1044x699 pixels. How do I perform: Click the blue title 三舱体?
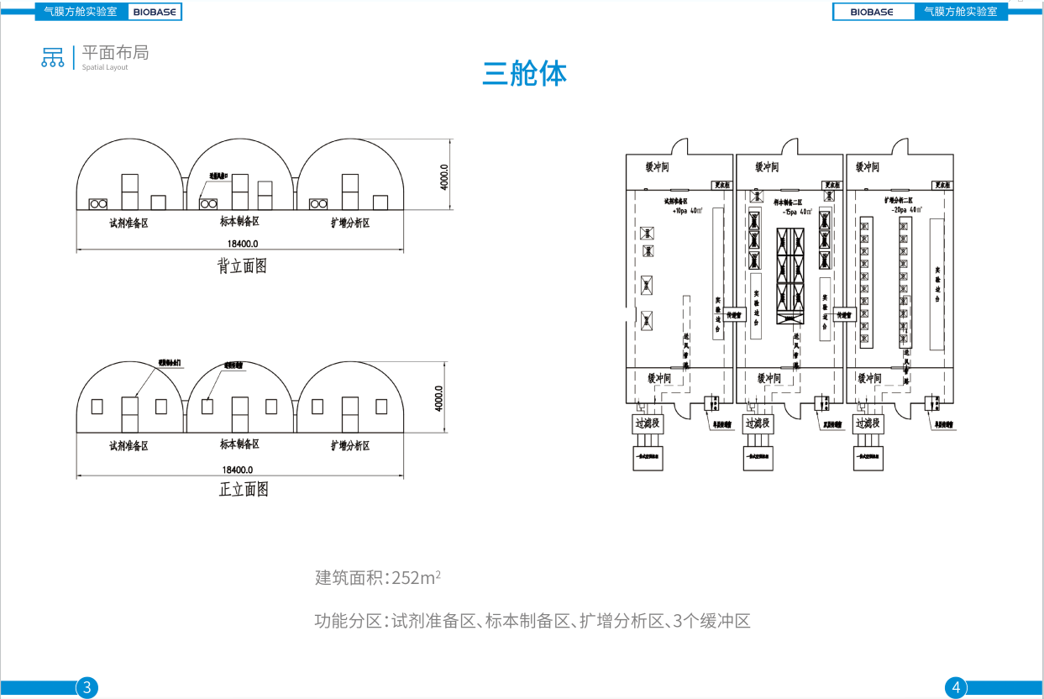coord(524,73)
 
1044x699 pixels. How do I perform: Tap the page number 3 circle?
coord(87,688)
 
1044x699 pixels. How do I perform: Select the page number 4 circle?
coord(956,688)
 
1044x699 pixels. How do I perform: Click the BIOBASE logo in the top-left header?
coord(154,12)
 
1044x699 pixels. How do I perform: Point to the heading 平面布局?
coord(115,52)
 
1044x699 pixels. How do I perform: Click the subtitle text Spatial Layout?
coord(105,67)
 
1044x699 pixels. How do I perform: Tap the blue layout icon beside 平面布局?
coord(53,56)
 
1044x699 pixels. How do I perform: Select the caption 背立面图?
coord(242,266)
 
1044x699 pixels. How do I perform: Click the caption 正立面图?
coord(244,489)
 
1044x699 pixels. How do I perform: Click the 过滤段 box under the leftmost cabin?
coord(648,423)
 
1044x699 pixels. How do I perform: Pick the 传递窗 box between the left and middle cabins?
coord(734,314)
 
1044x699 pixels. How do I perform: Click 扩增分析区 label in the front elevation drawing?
coord(350,445)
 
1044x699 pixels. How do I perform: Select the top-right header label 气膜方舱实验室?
coord(961,12)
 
